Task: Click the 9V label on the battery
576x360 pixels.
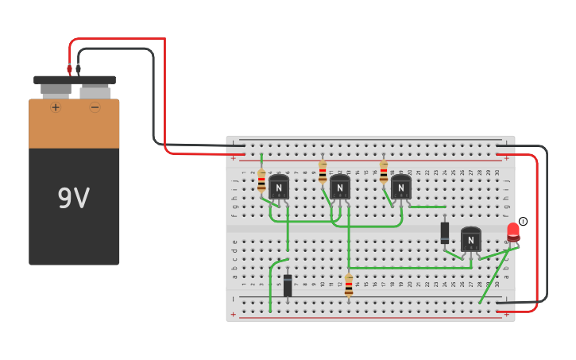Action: click(73, 199)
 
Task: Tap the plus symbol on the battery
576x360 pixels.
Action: click(56, 107)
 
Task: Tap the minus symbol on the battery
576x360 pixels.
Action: click(95, 107)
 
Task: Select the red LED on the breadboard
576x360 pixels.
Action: click(513, 231)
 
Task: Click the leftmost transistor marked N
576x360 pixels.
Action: click(279, 188)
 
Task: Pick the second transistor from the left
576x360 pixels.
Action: click(340, 188)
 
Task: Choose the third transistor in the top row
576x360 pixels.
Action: click(401, 188)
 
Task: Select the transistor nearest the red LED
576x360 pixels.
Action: click(471, 239)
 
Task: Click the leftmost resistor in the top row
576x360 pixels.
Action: click(261, 182)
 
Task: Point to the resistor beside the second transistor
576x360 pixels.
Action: click(323, 172)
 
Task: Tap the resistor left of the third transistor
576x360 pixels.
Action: click(384, 172)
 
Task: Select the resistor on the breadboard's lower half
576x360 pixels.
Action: click(349, 285)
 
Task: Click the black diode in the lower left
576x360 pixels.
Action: click(288, 285)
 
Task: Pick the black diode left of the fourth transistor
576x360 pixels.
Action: click(445, 232)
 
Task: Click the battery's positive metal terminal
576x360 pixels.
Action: click(56, 90)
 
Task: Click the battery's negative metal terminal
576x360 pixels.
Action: click(95, 91)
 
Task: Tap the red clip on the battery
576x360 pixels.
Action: click(69, 70)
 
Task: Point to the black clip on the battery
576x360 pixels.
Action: click(78, 70)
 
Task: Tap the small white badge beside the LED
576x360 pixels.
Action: click(523, 222)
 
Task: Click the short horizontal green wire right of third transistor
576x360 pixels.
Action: click(427, 207)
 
